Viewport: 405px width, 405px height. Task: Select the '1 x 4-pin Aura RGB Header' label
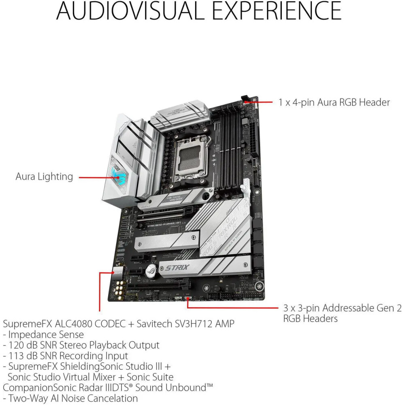(x=334, y=102)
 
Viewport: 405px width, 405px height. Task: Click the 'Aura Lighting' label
(x=44, y=177)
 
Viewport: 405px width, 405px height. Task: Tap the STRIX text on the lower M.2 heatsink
(x=179, y=267)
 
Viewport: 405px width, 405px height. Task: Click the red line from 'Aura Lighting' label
(x=94, y=177)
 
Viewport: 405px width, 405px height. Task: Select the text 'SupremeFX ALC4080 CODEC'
(x=69, y=324)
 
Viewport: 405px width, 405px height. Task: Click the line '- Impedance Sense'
(x=43, y=335)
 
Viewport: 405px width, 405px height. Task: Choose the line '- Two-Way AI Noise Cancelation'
(x=70, y=398)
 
